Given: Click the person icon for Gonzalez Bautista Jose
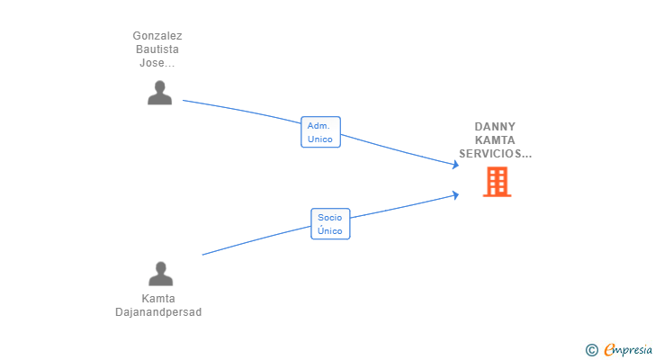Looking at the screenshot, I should click(159, 93).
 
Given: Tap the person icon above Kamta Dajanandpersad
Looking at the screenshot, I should click(160, 273).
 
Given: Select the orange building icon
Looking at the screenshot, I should click(497, 182).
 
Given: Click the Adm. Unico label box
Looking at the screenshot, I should click(320, 132).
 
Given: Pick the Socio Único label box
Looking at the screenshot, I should click(330, 223).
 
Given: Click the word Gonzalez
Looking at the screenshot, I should click(157, 36).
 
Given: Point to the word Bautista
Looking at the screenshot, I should click(157, 49).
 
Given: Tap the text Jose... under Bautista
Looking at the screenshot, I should click(157, 63).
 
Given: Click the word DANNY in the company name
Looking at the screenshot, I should click(495, 127).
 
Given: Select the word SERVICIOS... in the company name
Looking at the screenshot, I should click(495, 154).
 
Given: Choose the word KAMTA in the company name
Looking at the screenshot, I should click(495, 140).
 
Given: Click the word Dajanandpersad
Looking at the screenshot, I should click(158, 312).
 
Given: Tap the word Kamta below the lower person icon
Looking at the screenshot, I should click(158, 299).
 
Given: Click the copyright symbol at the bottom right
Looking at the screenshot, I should click(591, 349).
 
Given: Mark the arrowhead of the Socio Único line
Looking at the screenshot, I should click(456, 193).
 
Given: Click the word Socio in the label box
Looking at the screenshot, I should click(330, 217).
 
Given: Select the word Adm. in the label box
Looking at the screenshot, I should click(319, 126).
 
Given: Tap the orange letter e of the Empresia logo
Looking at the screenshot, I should click(610, 349).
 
